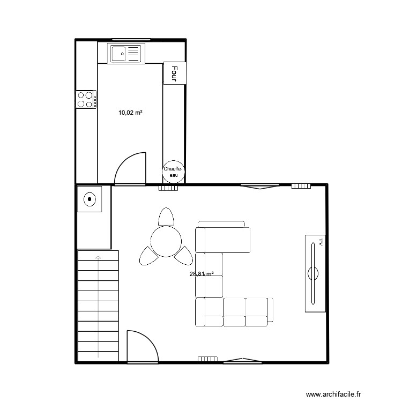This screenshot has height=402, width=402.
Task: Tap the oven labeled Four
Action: (175, 72)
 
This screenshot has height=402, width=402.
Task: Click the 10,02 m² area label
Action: (130, 113)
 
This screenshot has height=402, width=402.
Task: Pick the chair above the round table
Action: (166, 217)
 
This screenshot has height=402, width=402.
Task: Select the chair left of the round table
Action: (147, 256)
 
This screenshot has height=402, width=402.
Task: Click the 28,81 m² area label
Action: (202, 274)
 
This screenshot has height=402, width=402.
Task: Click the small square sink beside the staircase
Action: (90, 200)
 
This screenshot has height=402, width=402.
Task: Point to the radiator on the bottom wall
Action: (207, 359)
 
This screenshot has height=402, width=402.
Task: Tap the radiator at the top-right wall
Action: (301, 186)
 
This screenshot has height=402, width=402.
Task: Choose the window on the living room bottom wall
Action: (242, 361)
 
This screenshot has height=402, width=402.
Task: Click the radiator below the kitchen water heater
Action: (168, 188)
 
